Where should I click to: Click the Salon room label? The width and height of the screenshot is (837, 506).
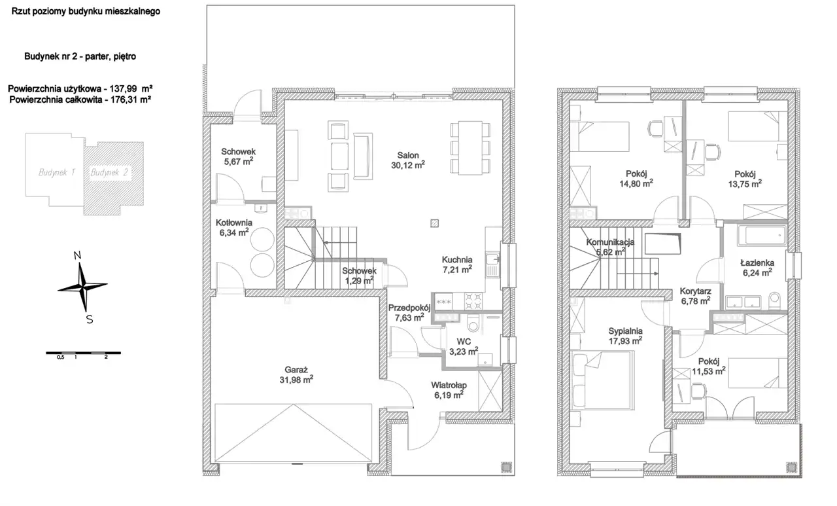407,160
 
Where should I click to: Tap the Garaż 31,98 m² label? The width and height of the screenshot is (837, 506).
296,374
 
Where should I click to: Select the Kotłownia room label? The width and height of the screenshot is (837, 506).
234,227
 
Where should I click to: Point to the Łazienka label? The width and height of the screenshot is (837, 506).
757,268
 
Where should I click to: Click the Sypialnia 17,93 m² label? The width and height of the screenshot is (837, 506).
625,336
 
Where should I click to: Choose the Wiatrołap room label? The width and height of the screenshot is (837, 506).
449,390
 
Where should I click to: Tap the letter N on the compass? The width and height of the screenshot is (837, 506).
77,255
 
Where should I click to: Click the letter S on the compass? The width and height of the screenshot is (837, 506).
90,319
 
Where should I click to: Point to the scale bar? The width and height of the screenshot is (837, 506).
83,353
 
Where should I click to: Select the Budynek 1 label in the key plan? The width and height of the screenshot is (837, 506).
56,172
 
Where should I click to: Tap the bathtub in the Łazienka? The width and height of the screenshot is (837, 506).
762,236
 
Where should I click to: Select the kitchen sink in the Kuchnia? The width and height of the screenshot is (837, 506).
493,264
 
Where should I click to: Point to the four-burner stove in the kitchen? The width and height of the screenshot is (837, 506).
473,301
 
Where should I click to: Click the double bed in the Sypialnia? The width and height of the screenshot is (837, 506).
602,380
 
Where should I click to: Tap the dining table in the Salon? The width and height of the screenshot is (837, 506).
470,148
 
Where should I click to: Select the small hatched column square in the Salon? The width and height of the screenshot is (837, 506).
434,223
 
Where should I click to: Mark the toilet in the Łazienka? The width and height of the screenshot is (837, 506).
775,300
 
